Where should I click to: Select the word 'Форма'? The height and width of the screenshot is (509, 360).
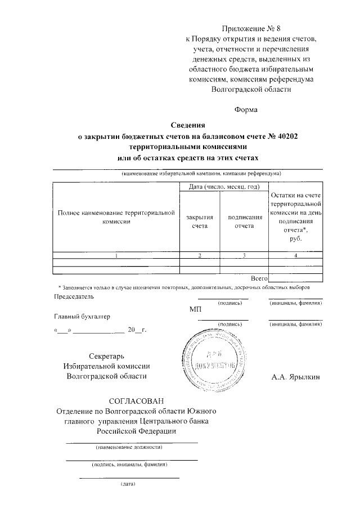246,110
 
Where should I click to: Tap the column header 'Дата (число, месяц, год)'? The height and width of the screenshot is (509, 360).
223,186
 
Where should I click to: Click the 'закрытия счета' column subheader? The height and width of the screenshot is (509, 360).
191,221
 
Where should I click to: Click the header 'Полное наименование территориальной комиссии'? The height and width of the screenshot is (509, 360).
116,218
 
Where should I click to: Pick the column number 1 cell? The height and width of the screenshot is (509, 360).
116,255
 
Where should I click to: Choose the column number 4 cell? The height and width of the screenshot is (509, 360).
296,255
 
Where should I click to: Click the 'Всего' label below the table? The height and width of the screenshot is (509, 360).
259,278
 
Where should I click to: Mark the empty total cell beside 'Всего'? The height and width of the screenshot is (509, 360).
296,278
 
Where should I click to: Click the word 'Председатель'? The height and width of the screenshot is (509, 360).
70,296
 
